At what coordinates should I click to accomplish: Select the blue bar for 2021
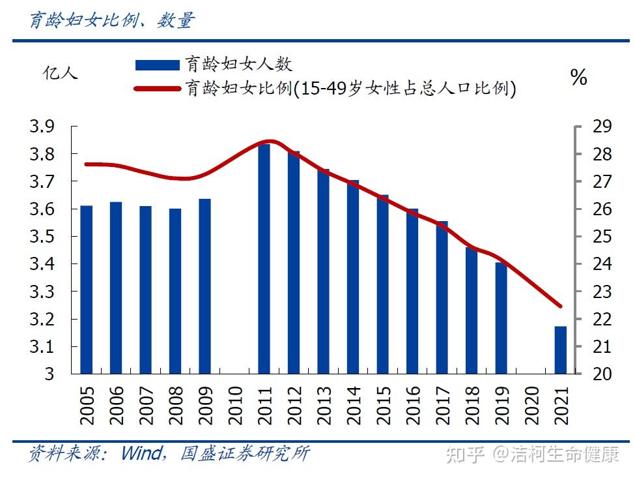pyautogui.click(x=561, y=350)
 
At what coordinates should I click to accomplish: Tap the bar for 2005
pyautogui.click(x=86, y=290)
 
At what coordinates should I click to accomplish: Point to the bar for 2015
pyautogui.click(x=383, y=284)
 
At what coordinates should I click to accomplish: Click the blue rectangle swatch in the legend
pyautogui.click(x=157, y=65)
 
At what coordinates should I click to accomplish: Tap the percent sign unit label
pyautogui.click(x=578, y=78)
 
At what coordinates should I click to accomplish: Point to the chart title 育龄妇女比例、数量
pyautogui.click(x=111, y=21)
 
